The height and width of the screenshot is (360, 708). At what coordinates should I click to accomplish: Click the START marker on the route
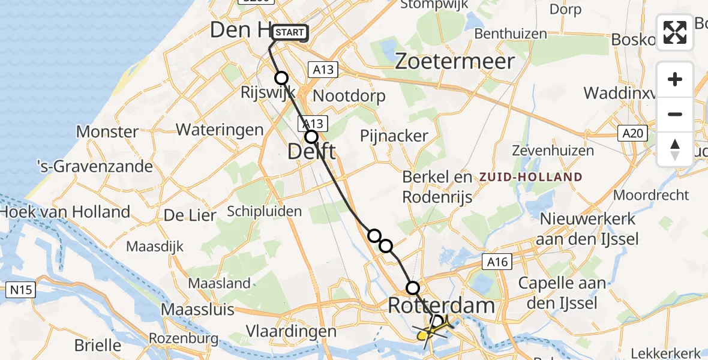tap(290, 32)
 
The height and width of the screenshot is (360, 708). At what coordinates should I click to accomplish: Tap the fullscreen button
tap(675, 32)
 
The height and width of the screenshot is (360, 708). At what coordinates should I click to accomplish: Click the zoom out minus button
tap(675, 114)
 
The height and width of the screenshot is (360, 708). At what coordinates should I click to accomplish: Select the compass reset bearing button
tap(675, 149)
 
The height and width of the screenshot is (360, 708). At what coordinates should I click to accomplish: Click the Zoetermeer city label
tap(455, 61)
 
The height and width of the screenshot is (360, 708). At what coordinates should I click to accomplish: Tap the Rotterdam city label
tap(442, 305)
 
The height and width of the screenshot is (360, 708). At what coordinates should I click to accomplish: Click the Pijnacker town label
tap(394, 136)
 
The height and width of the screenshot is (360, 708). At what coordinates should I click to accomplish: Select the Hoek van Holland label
tap(65, 211)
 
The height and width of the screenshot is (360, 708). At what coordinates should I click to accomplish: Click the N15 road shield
tap(22, 290)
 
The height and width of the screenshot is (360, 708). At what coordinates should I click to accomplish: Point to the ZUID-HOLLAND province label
tap(530, 177)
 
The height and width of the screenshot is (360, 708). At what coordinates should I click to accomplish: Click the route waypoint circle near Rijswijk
tap(281, 78)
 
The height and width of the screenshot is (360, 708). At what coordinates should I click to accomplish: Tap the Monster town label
tap(107, 131)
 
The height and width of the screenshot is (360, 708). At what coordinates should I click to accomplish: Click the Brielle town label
tap(97, 345)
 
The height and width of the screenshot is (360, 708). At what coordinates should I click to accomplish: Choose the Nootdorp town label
tap(349, 96)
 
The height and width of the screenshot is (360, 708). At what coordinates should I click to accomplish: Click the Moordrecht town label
tap(651, 196)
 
